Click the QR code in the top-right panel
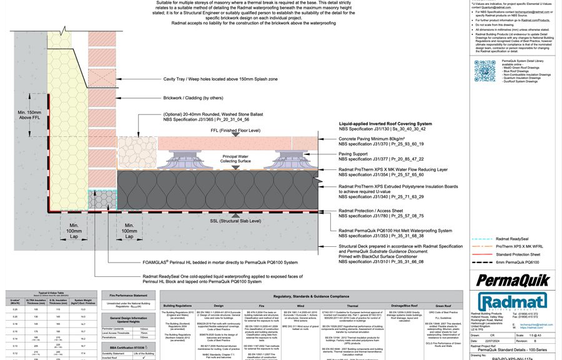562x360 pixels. [x=485, y=71]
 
